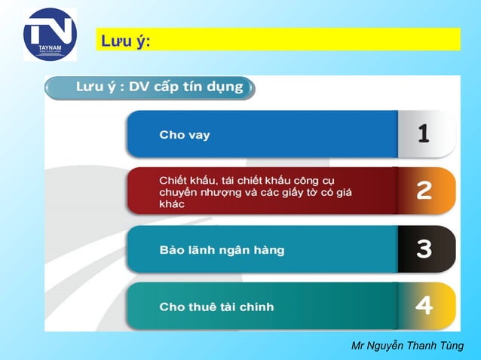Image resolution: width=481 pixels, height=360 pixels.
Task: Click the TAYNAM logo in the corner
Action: click(50, 34)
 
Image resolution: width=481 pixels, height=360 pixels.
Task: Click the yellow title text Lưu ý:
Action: click(124, 39)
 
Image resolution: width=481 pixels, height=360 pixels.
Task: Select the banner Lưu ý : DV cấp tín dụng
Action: click(149, 87)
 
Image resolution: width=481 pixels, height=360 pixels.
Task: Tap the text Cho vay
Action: click(184, 136)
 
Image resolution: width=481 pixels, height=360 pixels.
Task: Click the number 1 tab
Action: click(424, 134)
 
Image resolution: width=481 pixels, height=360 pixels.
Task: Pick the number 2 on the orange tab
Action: click(424, 191)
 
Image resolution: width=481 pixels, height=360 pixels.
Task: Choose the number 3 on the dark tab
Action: click(424, 249)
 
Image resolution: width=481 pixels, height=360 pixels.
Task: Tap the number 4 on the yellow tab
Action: click(424, 306)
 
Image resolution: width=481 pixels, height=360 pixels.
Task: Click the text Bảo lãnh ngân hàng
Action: click(222, 249)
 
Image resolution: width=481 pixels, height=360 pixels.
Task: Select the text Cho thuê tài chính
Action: click(216, 307)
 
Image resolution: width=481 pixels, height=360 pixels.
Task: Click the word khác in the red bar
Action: click(172, 204)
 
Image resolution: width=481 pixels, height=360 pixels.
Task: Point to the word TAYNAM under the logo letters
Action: click(50, 47)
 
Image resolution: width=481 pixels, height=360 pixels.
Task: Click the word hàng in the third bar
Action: click(268, 249)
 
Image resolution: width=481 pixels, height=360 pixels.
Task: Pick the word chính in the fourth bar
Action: click(256, 307)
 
